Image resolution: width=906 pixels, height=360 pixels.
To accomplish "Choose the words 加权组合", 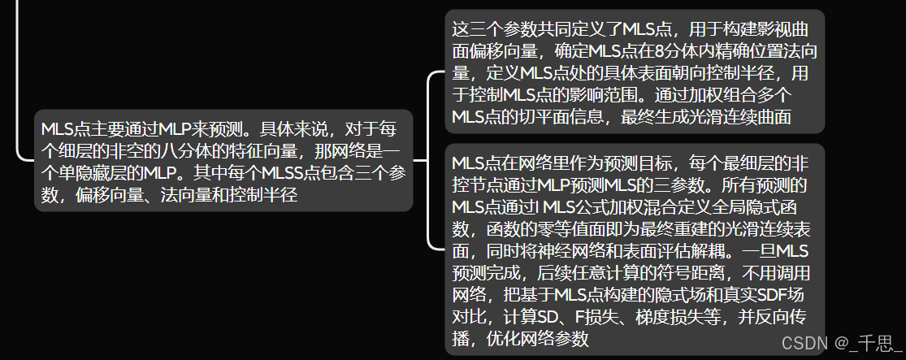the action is coord(713,95).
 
